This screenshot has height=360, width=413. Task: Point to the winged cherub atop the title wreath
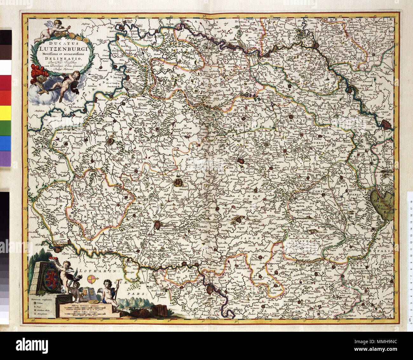[x=55, y=29]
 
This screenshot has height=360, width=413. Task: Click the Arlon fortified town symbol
[x=178, y=182]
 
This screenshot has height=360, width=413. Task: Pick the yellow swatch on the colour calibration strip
[x=5, y=113]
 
